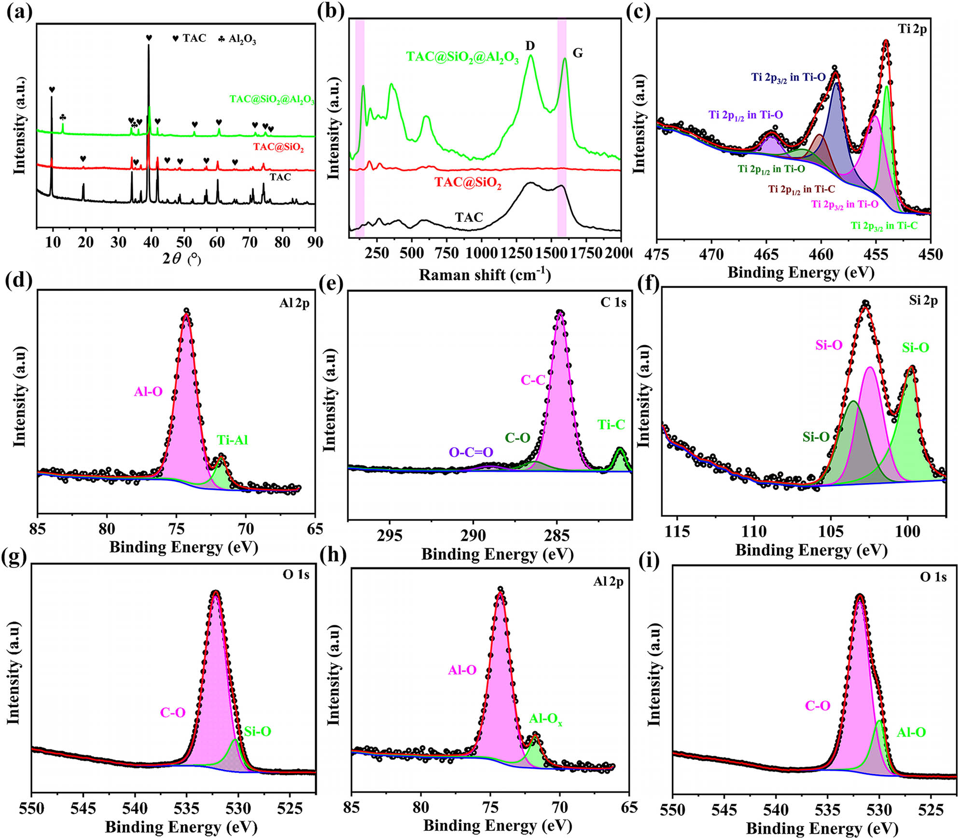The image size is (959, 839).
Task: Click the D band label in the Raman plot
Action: (530, 46)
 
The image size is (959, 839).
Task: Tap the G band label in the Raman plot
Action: (577, 53)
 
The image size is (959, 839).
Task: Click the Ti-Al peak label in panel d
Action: (232, 440)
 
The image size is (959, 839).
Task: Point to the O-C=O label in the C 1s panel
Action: (471, 452)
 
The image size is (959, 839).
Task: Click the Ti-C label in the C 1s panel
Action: (611, 425)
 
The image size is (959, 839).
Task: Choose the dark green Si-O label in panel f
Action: (816, 437)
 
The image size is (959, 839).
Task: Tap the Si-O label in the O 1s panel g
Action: (257, 731)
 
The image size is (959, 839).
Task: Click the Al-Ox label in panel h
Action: (545, 719)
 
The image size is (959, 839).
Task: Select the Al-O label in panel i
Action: (911, 732)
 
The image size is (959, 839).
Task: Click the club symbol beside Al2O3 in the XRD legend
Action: (221, 38)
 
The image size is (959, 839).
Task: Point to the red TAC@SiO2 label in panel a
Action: (278, 147)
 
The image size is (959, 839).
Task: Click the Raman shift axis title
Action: (485, 275)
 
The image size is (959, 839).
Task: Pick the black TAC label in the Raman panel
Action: (469, 217)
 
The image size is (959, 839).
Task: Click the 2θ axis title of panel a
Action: (181, 260)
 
